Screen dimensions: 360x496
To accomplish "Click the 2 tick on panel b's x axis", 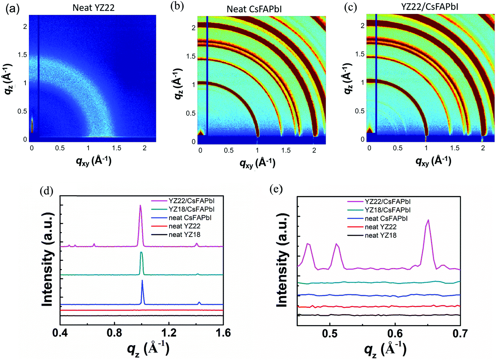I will pyautogui.click(x=314, y=150).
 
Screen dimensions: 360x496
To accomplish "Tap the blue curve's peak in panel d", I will pyautogui.click(x=142, y=281).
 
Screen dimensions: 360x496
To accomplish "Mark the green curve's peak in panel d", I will pyautogui.click(x=141, y=253).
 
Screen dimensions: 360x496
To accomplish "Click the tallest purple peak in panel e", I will pyautogui.click(x=428, y=220).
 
